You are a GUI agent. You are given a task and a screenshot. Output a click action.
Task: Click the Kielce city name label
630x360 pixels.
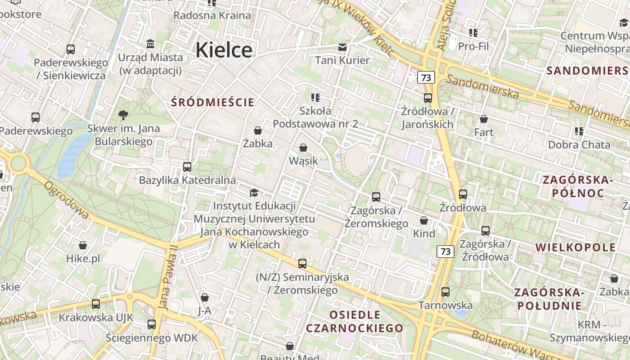224,49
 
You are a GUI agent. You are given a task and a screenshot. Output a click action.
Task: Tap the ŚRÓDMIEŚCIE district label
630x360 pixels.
213,102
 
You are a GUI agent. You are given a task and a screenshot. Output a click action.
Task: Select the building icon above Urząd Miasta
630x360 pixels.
150,44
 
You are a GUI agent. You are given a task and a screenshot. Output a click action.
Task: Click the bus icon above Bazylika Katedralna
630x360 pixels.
187,167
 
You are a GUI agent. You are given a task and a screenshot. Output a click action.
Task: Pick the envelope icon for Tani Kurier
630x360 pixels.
342,47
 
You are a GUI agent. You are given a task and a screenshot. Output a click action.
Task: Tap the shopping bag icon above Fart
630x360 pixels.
484,119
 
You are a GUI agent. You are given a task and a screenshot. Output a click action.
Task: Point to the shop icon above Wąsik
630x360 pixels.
303,148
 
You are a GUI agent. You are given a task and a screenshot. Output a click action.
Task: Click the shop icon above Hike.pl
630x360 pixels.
83,245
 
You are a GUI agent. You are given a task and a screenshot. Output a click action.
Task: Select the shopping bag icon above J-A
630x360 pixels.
205,297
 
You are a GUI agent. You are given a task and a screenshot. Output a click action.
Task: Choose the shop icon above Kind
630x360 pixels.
424,220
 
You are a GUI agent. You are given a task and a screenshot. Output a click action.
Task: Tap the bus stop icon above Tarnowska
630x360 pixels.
445,292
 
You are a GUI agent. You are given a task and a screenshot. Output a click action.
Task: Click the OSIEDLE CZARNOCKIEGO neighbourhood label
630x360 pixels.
355,321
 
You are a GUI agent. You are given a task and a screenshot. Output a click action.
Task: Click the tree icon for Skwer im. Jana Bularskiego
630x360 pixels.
123,115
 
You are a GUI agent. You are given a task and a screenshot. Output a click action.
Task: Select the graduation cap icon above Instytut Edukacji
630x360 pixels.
254,193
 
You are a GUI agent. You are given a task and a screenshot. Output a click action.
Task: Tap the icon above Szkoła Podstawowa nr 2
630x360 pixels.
315,97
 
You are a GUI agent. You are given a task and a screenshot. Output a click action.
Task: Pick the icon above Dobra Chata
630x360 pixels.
579,131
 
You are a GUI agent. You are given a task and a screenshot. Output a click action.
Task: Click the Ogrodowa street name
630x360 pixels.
67,200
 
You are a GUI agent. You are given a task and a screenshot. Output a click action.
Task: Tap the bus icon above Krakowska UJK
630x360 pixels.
96,304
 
